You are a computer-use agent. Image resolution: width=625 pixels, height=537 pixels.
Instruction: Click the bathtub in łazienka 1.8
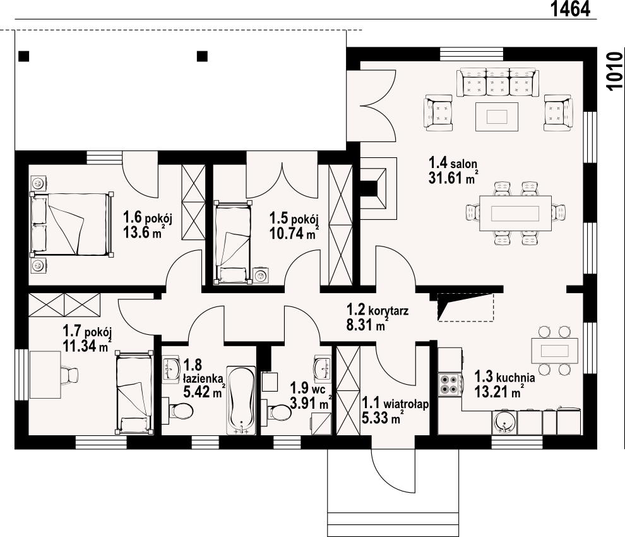point(241,400)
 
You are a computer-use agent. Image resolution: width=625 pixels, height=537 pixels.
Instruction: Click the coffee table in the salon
point(497,116)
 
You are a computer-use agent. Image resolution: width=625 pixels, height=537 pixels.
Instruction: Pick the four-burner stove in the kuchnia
point(450,384)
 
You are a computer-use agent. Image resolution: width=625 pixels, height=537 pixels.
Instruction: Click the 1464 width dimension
point(571,9)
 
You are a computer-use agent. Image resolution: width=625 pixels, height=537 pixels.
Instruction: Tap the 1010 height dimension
point(616,71)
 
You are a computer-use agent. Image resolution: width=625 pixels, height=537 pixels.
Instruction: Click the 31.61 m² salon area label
point(453,177)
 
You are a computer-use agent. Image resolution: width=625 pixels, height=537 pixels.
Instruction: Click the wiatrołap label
point(406,404)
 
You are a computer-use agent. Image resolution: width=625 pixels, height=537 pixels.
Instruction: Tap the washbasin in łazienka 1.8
point(172,369)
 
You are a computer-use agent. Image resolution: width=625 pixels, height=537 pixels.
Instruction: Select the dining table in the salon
point(515,213)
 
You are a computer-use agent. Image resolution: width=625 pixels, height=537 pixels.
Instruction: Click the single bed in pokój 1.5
point(233,243)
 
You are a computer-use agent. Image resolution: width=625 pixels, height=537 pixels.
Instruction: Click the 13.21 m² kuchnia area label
point(499,392)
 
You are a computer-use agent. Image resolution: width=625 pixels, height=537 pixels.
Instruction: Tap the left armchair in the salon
point(439,112)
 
